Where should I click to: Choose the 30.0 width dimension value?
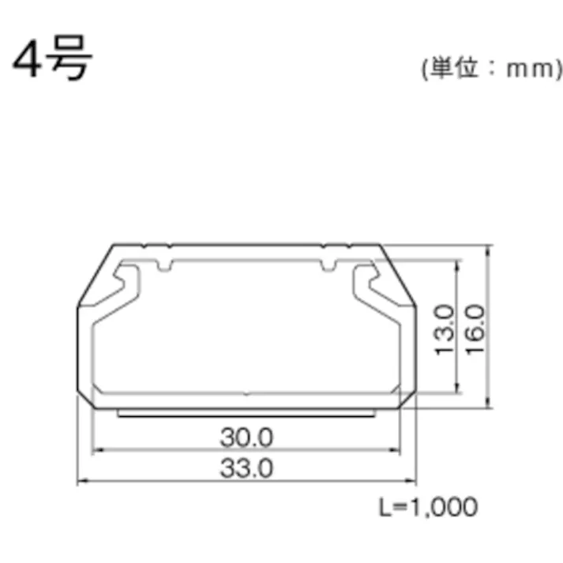coord(246,436)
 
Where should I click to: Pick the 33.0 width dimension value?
coord(246,467)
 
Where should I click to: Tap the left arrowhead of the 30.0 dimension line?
coord(98,451)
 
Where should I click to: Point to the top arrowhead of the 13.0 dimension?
coord(456,264)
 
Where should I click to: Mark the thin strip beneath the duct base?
coord(246,411)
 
